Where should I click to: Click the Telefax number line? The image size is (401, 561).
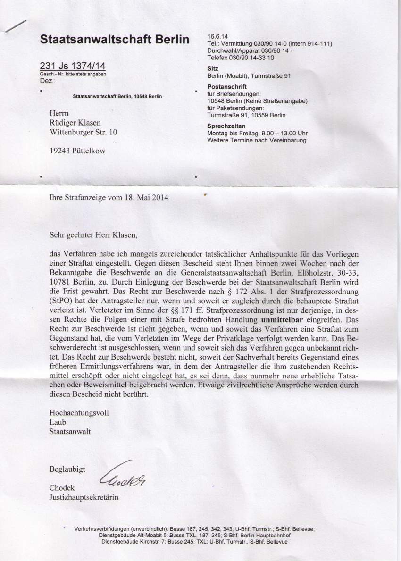pyautogui.click(x=241, y=57)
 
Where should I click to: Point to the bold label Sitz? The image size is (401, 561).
pyautogui.click(x=213, y=68)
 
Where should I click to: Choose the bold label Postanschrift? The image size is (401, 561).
pyautogui.click(x=227, y=87)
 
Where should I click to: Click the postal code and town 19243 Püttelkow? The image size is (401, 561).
pyautogui.click(x=78, y=151)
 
